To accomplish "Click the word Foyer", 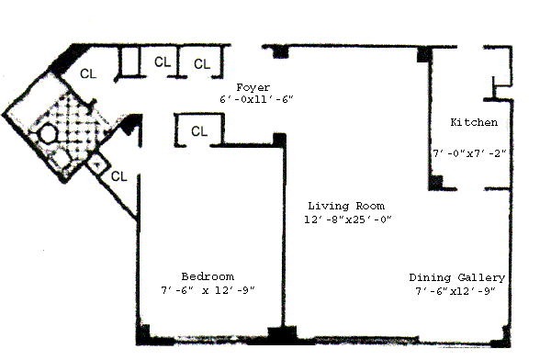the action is tap(253, 87).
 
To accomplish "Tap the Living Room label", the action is tap(346, 206).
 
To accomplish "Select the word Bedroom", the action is tap(208, 276).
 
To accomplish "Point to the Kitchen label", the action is tap(474, 122).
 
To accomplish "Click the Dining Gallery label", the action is tap(456, 277).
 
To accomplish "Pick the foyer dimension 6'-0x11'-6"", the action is tap(256, 99).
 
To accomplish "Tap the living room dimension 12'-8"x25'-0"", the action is tap(347, 219).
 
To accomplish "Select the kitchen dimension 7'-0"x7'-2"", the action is tap(469, 153).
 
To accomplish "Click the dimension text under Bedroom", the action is tap(208, 290).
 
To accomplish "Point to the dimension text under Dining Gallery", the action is tap(455, 291).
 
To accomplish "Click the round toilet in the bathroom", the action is tap(48, 134).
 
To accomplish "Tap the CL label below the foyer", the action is tap(199, 131).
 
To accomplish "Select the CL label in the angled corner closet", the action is tap(88, 73).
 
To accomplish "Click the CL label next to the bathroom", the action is tap(118, 176).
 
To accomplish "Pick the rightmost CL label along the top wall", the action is tap(202, 64).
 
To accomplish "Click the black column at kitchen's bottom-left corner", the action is tap(435, 183).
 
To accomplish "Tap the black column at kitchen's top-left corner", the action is tap(423, 55).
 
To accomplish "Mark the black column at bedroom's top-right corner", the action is tap(279, 140).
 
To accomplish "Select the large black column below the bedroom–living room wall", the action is tap(282, 334).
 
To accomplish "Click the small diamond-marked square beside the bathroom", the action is tap(98, 163).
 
